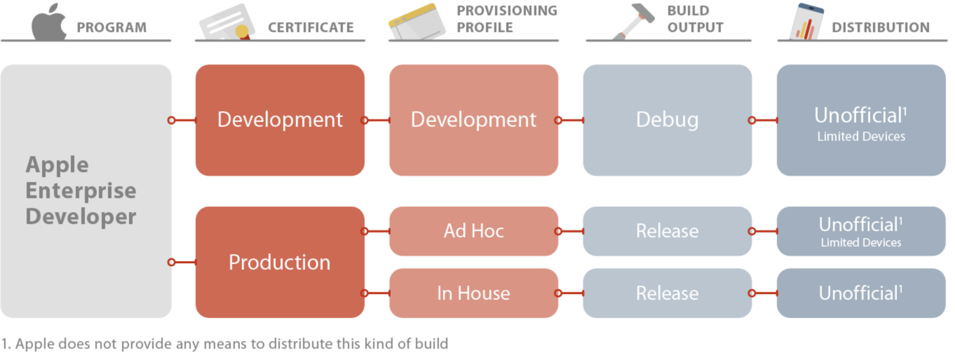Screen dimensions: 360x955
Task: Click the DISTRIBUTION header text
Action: (881, 28)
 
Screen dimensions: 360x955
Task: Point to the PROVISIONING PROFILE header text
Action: (507, 19)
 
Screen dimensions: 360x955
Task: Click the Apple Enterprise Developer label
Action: (81, 190)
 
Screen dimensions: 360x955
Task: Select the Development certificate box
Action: (280, 120)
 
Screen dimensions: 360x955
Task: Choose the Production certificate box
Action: (280, 262)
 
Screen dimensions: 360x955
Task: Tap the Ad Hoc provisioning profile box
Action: (474, 231)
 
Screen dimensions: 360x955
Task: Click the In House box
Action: (474, 293)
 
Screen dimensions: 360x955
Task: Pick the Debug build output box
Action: (667, 120)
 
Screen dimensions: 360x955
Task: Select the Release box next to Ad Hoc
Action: (667, 231)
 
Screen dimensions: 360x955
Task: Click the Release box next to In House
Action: (667, 293)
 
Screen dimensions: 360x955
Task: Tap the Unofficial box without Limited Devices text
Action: (861, 293)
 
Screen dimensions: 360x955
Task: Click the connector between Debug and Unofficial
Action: (764, 120)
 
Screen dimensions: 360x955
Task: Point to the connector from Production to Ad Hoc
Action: (377, 231)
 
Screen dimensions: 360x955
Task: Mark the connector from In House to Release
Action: (570, 293)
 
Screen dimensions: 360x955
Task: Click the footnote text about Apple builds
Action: (225, 344)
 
